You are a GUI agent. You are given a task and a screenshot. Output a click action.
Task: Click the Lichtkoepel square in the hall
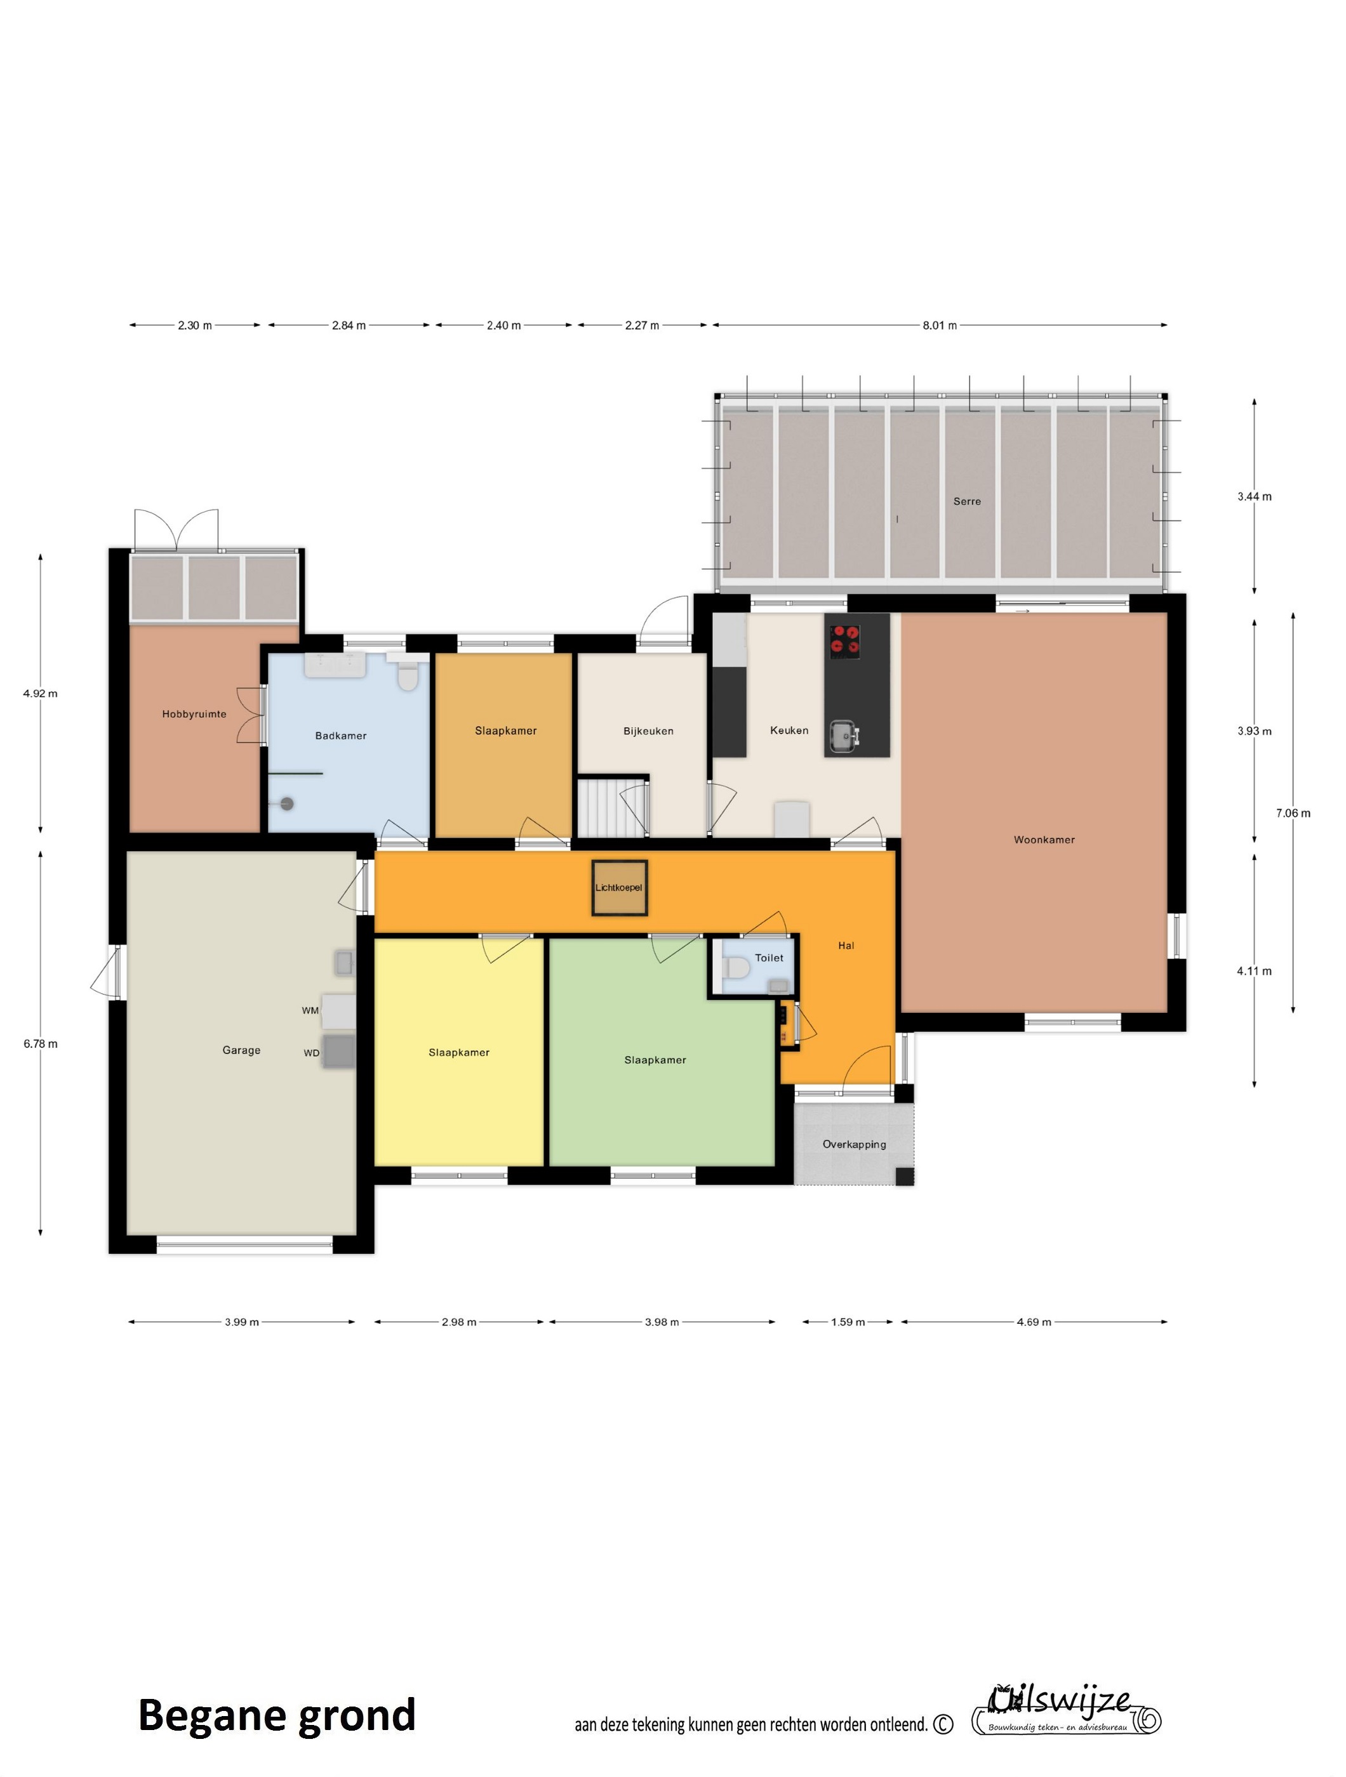(x=620, y=888)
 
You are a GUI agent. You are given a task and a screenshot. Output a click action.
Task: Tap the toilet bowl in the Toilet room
(x=735, y=969)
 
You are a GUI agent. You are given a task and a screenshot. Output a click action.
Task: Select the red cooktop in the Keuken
(x=844, y=641)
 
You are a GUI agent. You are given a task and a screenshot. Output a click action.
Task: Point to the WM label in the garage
(x=310, y=1010)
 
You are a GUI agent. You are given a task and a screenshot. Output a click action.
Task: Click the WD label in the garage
(x=311, y=1053)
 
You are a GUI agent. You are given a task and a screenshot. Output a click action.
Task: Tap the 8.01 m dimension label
(x=940, y=326)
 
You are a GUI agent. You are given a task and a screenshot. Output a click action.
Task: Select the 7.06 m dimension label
(x=1293, y=813)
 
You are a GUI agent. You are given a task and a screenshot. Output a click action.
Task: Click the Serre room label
(x=967, y=501)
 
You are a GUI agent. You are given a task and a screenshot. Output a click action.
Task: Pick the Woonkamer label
(x=1044, y=840)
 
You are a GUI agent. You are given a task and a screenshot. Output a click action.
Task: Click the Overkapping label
(x=854, y=1145)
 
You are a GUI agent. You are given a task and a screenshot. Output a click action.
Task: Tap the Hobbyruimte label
(x=194, y=714)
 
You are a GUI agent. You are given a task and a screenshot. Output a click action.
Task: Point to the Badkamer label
(x=341, y=736)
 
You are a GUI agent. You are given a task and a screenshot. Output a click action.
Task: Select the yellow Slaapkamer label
(x=459, y=1052)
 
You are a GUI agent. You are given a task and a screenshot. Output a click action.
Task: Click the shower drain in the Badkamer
(x=287, y=803)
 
